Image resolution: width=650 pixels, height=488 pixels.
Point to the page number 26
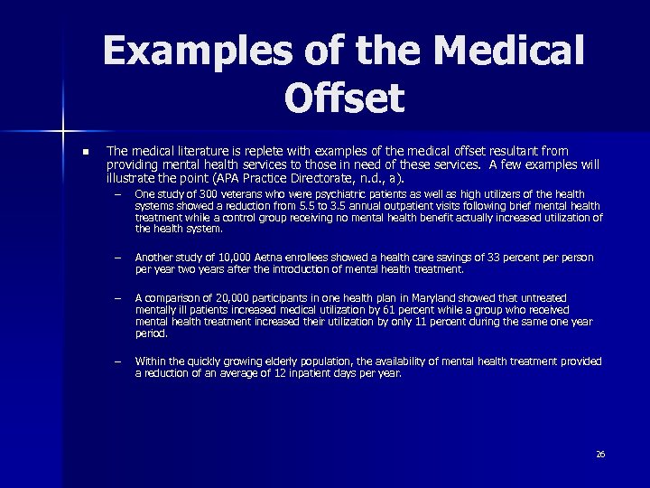click(x=600, y=454)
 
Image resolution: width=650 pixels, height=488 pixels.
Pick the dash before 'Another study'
click(x=116, y=258)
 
